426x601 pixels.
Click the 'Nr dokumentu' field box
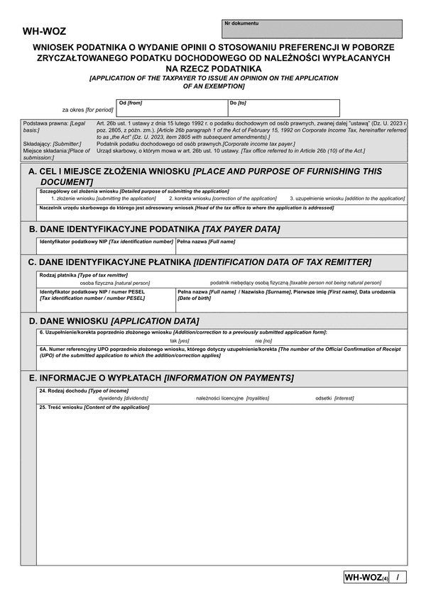(x=312, y=29)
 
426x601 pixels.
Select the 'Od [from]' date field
(x=171, y=108)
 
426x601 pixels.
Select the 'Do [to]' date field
(x=283, y=108)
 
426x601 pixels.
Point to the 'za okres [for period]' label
(x=87, y=110)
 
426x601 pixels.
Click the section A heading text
(x=204, y=176)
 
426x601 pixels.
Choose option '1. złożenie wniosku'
(x=103, y=198)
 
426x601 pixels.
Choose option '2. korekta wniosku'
(x=223, y=198)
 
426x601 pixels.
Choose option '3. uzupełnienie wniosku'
(x=347, y=198)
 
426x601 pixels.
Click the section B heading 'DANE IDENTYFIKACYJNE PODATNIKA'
(x=154, y=229)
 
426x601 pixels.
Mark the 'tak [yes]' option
(x=180, y=341)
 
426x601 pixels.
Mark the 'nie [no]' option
(x=263, y=341)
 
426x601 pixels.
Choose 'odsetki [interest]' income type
(x=334, y=398)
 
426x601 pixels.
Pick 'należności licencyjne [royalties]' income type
(x=232, y=398)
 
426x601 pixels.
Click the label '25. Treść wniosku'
(x=94, y=408)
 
